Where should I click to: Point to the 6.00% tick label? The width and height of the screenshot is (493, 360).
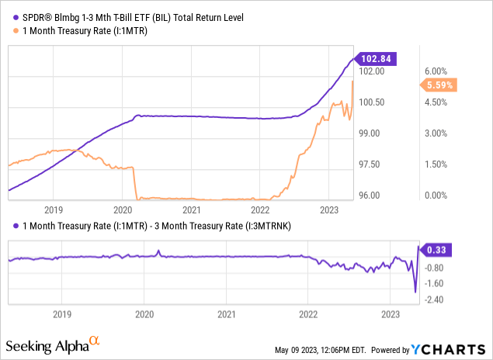pyautogui.click(x=434, y=71)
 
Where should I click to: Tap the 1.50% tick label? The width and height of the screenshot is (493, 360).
pyautogui.click(x=434, y=164)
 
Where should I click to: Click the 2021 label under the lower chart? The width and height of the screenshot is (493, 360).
pyautogui.click(x=226, y=315)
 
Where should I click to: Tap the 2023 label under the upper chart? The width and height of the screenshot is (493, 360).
pyautogui.click(x=328, y=209)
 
